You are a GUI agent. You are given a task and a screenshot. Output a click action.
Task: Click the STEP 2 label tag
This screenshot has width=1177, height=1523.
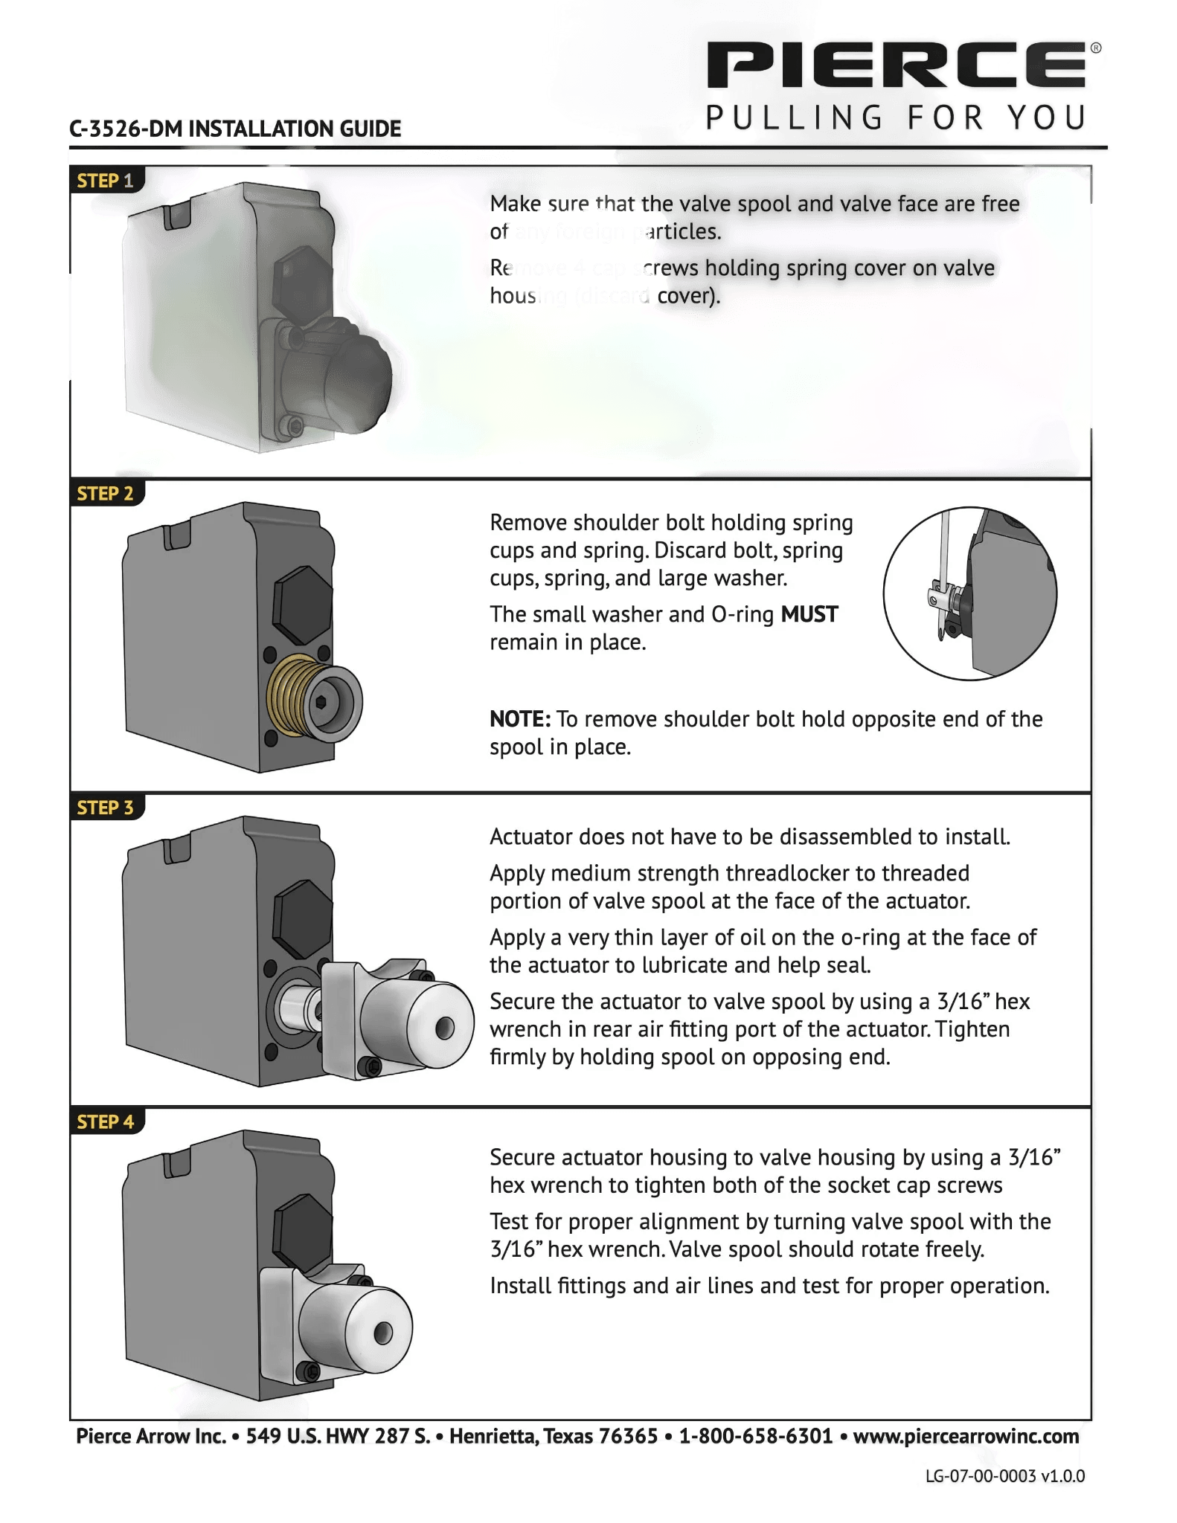(x=105, y=494)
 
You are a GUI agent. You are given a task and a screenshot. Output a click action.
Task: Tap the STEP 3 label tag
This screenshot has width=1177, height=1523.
(x=105, y=808)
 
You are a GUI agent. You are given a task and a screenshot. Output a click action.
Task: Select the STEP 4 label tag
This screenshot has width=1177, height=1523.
(x=105, y=1121)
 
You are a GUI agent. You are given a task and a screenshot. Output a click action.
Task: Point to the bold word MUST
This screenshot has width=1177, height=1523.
(x=809, y=614)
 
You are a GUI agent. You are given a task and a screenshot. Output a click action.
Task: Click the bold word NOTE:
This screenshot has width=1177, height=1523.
(x=520, y=719)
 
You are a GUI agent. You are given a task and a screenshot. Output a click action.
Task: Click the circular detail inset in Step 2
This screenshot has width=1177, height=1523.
(x=969, y=593)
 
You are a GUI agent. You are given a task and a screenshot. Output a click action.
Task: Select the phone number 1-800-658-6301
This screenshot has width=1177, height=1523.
(x=755, y=1436)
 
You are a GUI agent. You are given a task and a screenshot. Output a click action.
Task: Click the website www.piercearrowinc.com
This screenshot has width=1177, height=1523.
(x=965, y=1436)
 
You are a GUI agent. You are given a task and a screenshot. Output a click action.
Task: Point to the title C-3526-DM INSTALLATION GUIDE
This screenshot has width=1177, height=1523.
(x=235, y=129)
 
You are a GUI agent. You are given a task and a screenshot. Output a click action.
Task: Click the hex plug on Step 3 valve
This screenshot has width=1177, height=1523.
(x=302, y=918)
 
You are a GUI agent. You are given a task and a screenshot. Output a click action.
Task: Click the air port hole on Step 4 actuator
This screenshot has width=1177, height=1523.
(x=383, y=1334)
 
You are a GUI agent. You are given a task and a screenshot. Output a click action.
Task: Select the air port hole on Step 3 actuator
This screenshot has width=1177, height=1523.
(x=444, y=1028)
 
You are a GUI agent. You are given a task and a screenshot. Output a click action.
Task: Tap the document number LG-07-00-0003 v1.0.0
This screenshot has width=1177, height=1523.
(x=1004, y=1475)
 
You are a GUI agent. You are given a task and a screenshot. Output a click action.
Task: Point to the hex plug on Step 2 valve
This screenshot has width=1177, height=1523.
(x=302, y=604)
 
